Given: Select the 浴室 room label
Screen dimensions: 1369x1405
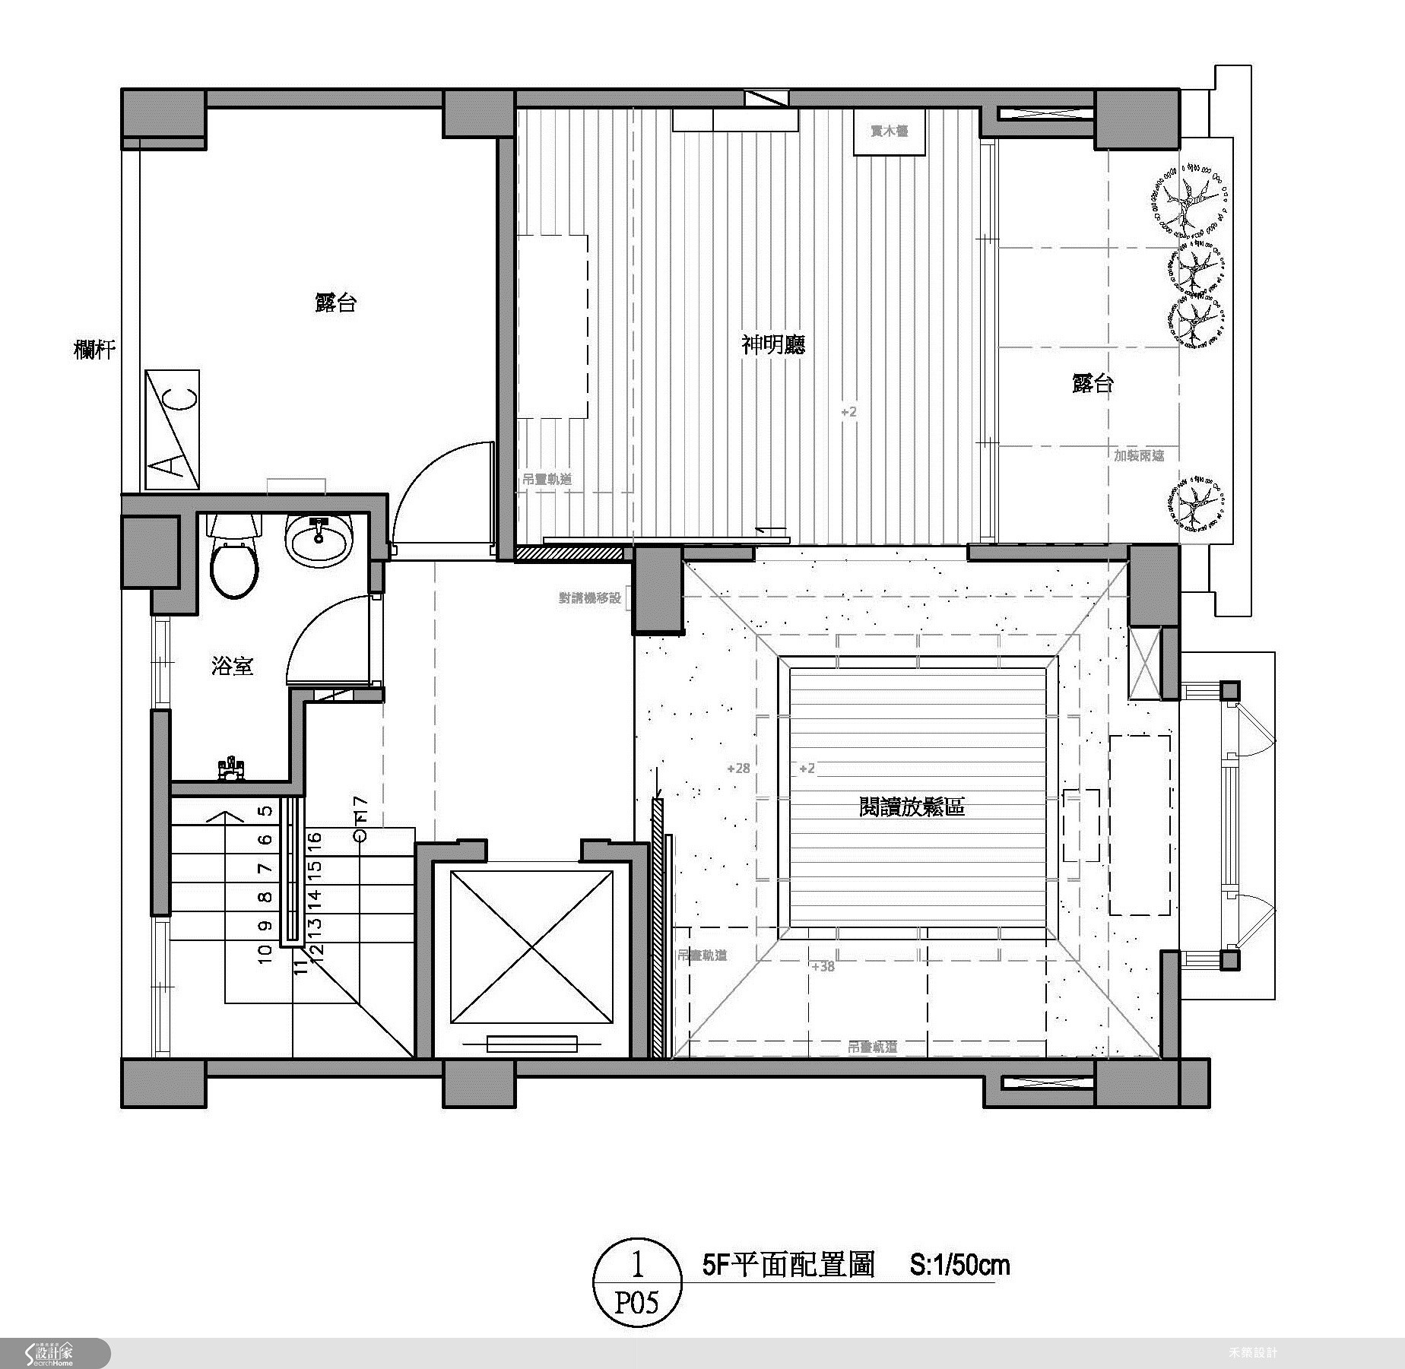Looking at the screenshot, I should (232, 667).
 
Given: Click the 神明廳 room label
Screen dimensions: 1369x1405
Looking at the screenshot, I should (772, 345).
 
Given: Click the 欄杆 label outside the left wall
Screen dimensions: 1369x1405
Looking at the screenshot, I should (95, 350).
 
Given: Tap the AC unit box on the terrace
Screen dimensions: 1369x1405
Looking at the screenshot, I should (173, 430).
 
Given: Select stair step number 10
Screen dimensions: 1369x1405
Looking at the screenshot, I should (265, 954).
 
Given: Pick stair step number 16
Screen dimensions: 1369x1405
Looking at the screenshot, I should (315, 841).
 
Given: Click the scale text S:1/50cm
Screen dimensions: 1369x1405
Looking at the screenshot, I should (959, 1265).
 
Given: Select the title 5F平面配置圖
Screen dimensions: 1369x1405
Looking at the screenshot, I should (789, 1265).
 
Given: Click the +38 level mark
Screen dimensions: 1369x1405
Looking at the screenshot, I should (823, 967).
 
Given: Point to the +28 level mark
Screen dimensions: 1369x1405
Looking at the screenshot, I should (738, 768).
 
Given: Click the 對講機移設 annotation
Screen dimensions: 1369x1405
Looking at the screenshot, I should (590, 598).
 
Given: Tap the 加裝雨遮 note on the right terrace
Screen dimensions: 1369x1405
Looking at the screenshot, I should (1139, 455).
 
